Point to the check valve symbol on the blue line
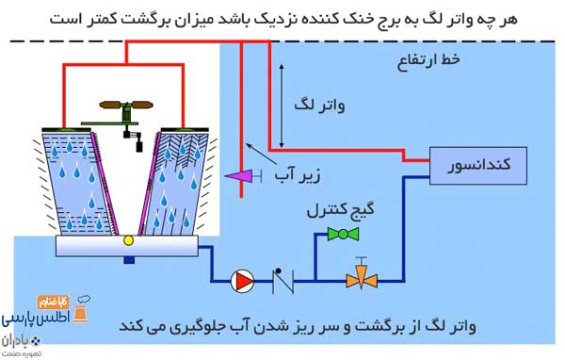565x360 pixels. coord(280,278)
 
